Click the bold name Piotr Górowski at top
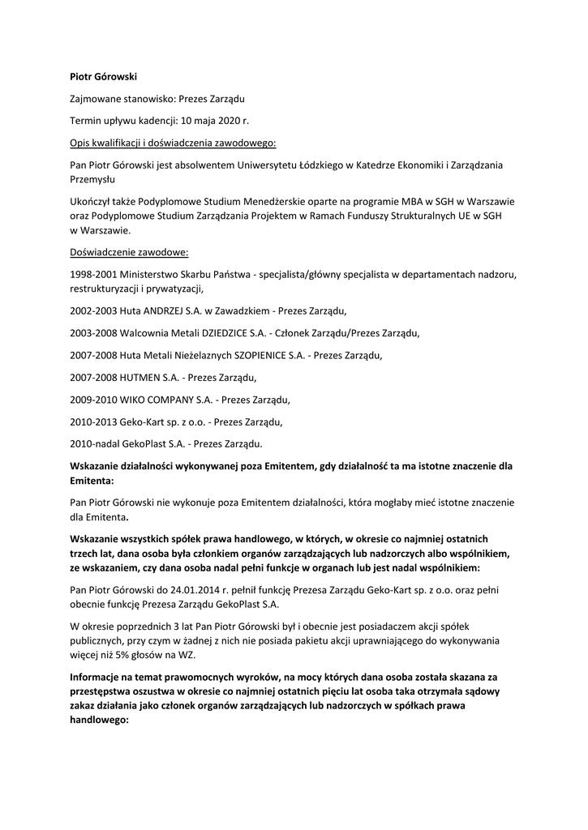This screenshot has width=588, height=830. (x=103, y=77)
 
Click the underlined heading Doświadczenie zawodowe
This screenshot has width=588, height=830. (x=129, y=252)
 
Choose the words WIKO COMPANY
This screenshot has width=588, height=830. (x=157, y=400)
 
